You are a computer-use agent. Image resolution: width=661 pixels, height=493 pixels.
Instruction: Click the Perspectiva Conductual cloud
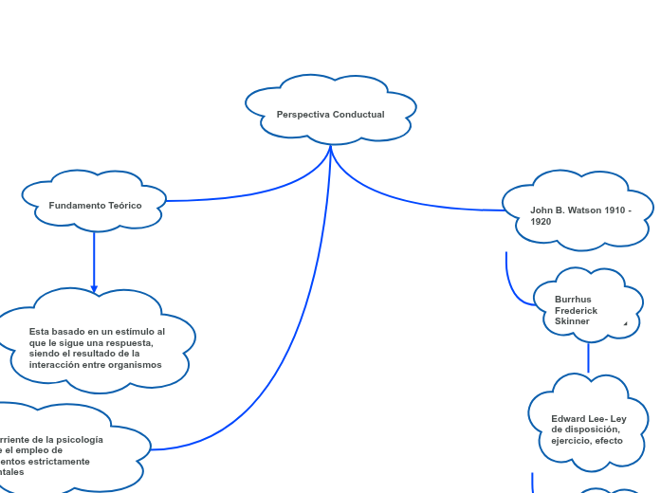tap(331, 109)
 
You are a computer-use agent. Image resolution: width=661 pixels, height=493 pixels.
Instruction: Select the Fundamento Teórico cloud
tap(95, 201)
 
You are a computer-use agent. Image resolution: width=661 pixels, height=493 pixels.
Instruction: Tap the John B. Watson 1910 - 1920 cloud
tap(578, 210)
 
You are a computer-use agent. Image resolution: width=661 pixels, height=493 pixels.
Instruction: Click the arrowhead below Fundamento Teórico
tap(94, 288)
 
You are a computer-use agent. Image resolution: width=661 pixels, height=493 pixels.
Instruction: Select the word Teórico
tap(125, 206)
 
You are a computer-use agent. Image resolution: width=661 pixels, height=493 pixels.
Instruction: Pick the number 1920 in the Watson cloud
tap(541, 222)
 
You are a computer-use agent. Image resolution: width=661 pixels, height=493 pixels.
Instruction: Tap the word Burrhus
tap(573, 300)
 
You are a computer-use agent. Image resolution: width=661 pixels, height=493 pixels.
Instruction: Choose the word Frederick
tap(576, 311)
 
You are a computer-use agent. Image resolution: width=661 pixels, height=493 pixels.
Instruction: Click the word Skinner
tap(572, 321)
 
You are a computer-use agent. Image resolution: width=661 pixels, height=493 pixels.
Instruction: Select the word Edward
tap(567, 419)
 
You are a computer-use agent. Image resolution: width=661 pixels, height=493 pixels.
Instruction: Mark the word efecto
tap(608, 441)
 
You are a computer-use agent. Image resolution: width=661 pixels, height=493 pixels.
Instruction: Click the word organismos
tap(134, 365)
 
